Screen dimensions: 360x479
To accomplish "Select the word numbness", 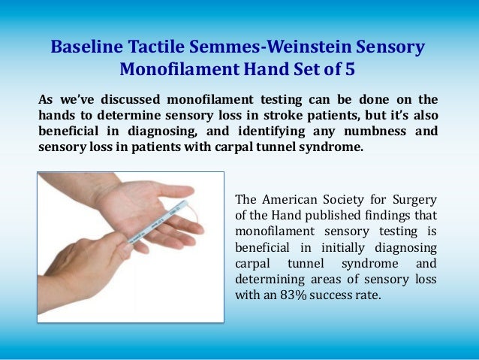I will coord(363,132).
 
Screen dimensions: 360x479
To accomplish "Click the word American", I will coord(288,199).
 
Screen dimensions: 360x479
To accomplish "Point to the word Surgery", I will coord(412,199).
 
